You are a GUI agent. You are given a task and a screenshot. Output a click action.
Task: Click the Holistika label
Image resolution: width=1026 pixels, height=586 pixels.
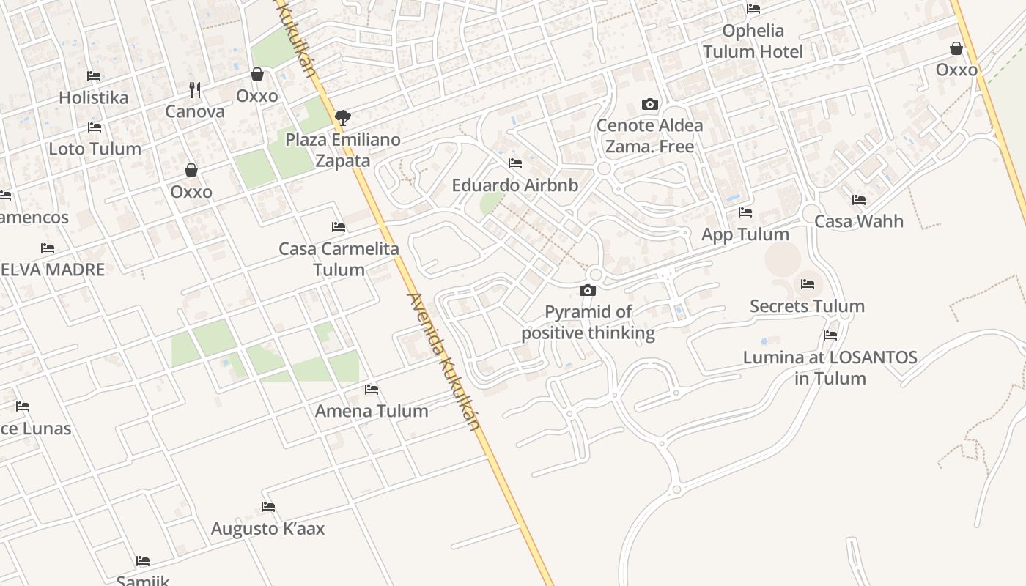(x=93, y=97)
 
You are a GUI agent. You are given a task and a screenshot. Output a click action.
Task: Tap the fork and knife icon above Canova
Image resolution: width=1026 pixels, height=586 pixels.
(x=195, y=89)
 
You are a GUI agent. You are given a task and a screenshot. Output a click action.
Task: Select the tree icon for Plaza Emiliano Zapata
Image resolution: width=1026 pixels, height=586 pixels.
(x=342, y=117)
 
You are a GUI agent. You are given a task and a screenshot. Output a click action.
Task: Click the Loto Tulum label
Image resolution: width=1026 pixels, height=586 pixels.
(x=95, y=149)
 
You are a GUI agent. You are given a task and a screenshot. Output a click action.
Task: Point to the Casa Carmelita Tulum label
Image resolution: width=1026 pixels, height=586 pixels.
(x=339, y=259)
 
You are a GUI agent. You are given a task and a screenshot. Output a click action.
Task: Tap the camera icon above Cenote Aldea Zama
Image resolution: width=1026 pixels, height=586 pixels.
(x=649, y=104)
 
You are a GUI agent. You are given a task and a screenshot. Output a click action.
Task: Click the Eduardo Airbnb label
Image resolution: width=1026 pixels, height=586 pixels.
(x=514, y=185)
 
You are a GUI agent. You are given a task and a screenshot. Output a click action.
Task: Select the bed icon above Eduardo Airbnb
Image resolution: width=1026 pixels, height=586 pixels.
(x=515, y=163)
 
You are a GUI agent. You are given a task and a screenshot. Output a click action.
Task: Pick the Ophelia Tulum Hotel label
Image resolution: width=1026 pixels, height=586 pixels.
(x=753, y=41)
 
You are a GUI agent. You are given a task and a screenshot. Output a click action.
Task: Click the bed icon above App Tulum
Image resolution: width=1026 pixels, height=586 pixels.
(x=745, y=212)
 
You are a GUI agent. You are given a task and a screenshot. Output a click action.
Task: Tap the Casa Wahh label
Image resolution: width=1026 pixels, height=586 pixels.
(x=859, y=221)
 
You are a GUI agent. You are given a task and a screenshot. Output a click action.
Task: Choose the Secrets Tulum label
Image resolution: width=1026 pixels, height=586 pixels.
(x=807, y=306)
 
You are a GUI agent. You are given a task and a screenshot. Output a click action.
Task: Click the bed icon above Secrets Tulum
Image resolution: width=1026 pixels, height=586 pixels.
(x=808, y=284)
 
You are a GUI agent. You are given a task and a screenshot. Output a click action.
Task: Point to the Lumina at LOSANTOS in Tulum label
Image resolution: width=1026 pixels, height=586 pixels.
(x=830, y=368)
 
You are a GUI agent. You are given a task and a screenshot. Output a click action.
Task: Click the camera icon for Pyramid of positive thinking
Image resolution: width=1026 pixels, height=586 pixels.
(x=587, y=290)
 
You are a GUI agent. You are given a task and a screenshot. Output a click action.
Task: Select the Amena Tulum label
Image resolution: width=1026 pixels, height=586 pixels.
(x=372, y=411)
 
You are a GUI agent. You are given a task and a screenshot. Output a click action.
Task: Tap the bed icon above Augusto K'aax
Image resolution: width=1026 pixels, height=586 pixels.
(x=268, y=507)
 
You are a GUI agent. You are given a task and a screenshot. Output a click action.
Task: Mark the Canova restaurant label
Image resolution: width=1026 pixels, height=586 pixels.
(x=195, y=111)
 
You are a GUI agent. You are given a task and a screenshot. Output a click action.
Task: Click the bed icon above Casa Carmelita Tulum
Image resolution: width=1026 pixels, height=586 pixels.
(x=339, y=227)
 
